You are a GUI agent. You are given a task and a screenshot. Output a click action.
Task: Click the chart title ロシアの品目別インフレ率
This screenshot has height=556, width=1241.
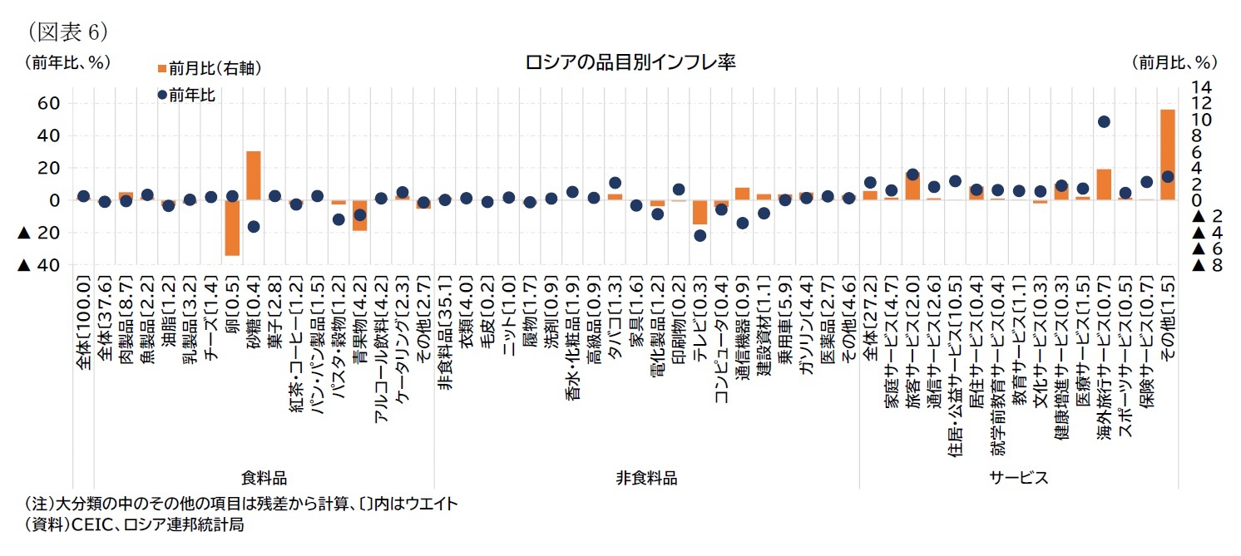pyautogui.click(x=630, y=63)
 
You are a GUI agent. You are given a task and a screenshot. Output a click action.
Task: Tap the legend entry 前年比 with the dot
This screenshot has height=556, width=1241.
pyautogui.click(x=186, y=96)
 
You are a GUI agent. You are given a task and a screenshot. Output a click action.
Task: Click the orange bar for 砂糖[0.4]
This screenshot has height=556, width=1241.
pyautogui.click(x=253, y=175)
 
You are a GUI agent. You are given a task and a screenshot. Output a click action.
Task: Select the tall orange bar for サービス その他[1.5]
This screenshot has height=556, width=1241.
pyautogui.click(x=1167, y=155)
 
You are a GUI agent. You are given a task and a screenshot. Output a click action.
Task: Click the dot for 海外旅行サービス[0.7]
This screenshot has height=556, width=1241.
pyautogui.click(x=1104, y=121)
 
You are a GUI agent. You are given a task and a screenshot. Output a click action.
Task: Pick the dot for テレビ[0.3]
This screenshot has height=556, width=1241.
pyautogui.click(x=700, y=235)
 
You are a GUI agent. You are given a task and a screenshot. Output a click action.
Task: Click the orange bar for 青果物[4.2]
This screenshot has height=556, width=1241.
pyautogui.click(x=359, y=215)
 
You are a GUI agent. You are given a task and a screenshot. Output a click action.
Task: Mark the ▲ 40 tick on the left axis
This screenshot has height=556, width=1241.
pyautogui.click(x=40, y=265)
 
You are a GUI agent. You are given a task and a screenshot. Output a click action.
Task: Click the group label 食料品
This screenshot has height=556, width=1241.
pyautogui.click(x=264, y=478)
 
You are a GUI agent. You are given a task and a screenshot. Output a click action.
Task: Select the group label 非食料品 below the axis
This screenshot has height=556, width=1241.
pyautogui.click(x=645, y=478)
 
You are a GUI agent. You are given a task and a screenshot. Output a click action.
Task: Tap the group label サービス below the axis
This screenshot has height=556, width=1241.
pyautogui.click(x=1018, y=478)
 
